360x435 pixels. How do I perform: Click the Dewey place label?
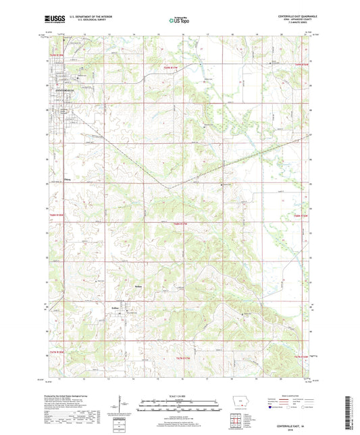(x=67, y=179)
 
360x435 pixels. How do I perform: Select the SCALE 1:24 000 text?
(x=179, y=396)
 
